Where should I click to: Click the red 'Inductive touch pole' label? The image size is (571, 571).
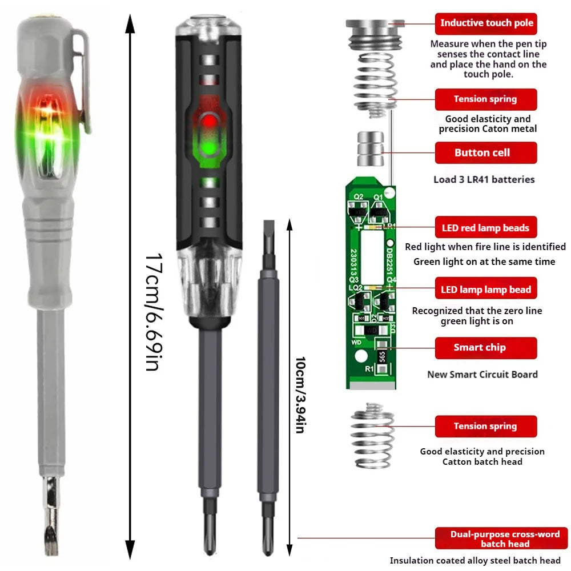click(486, 23)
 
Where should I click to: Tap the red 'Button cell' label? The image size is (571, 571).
click(486, 152)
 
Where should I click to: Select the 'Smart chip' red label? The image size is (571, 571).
click(486, 347)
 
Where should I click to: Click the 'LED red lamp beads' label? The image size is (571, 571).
click(486, 228)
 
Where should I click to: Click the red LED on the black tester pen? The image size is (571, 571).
click(207, 120)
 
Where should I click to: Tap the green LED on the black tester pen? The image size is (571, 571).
click(207, 148)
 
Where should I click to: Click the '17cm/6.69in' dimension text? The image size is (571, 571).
click(151, 311)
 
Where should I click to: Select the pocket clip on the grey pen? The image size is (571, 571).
click(83, 80)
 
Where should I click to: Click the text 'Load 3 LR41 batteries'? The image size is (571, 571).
click(484, 179)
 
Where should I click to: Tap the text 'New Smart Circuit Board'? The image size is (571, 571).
click(482, 375)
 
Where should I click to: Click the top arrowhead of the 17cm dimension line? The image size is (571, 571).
click(131, 23)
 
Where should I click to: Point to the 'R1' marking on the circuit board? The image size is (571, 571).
click(369, 369)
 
